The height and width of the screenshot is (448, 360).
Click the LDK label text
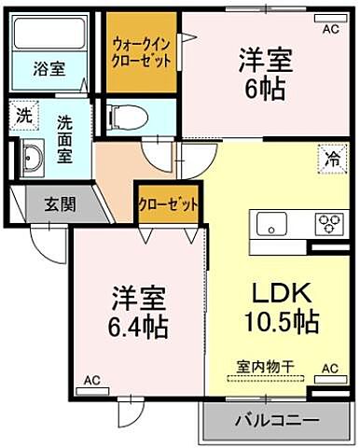[277, 291]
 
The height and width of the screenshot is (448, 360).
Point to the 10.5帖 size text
[282, 322]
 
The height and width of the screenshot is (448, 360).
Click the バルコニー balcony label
[276, 419]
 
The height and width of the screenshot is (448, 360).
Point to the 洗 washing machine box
[23, 117]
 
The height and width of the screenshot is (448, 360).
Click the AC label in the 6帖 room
[330, 30]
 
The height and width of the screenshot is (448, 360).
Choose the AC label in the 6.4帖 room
[91, 381]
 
